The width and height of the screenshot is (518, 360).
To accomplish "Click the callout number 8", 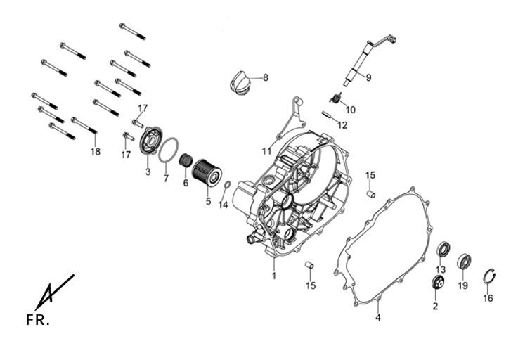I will point(265,77).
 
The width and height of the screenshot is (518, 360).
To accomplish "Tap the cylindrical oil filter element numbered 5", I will point(207,172).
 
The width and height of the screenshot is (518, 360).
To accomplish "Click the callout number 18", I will point(95,151).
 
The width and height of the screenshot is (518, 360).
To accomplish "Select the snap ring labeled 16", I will point(490,277).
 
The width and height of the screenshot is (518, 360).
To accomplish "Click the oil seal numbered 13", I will point(443,249).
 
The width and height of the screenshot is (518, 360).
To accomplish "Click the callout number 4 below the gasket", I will point(377,318).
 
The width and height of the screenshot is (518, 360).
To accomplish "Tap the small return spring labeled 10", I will point(337,101).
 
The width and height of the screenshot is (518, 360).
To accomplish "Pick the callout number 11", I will point(266,150).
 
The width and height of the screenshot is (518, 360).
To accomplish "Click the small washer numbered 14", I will point(227,186).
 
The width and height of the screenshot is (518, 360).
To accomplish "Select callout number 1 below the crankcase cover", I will point(273,276).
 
